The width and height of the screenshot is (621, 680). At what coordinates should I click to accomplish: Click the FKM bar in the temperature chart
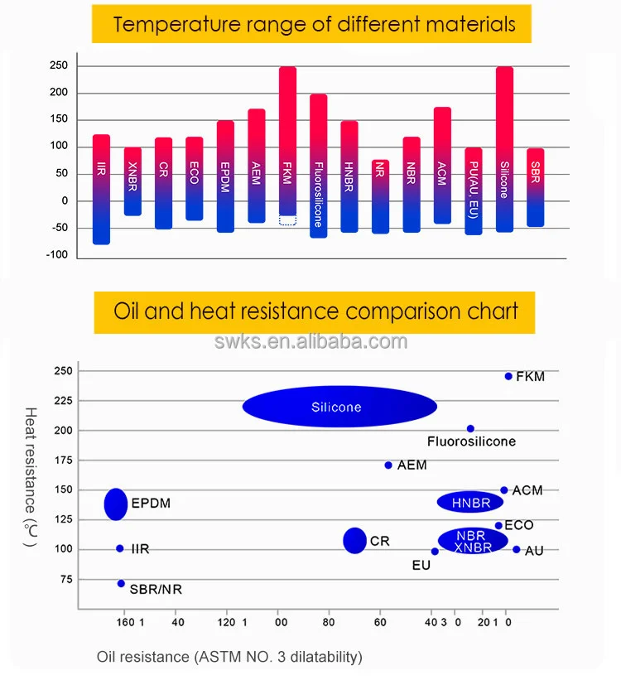tap(287, 141)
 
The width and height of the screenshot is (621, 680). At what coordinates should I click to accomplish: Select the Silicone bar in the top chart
tap(504, 149)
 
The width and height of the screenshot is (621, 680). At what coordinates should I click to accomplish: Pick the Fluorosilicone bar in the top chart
tap(318, 166)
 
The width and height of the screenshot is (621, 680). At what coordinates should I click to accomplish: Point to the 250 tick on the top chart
tap(58, 66)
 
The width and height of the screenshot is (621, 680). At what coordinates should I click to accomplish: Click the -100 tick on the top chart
tap(56, 254)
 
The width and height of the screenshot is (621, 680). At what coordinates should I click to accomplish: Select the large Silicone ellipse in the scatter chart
tap(339, 407)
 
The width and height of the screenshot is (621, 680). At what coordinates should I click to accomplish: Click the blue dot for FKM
tap(508, 376)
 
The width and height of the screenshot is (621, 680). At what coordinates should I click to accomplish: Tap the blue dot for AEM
tap(388, 465)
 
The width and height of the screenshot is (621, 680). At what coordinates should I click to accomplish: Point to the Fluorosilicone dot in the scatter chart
tap(470, 428)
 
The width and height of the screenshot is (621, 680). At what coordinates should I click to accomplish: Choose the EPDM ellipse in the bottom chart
tap(116, 504)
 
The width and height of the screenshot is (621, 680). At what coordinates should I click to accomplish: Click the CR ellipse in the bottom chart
tap(354, 540)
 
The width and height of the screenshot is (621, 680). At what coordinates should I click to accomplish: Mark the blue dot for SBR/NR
tap(121, 583)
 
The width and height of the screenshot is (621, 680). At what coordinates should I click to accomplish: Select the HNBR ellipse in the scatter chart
tap(470, 502)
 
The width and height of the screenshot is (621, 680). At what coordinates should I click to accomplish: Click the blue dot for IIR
tap(120, 548)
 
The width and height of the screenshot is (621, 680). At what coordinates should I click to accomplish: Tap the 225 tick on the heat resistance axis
tap(62, 401)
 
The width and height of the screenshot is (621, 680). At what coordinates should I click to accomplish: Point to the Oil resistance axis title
tap(229, 657)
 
